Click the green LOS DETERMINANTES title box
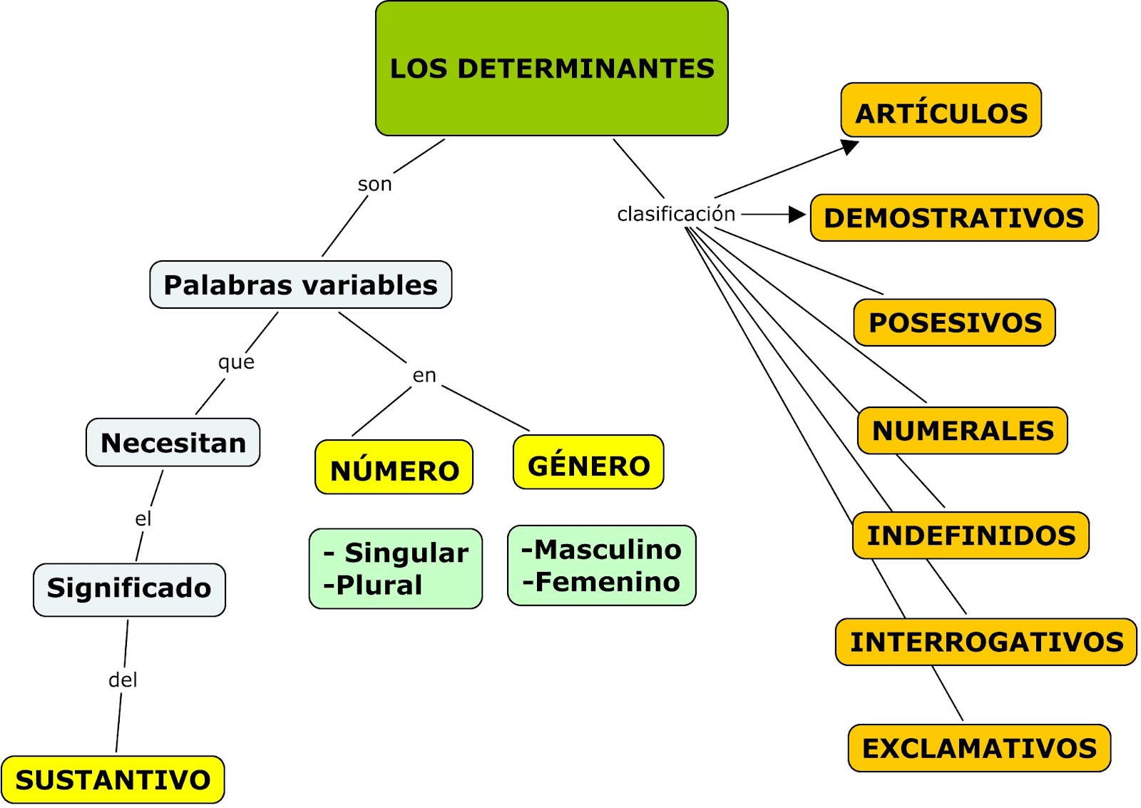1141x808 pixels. point(551,68)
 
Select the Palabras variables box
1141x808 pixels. point(300,285)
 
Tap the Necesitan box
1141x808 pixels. point(173,442)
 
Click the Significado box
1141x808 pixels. point(129,589)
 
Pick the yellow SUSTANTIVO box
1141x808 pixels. point(113,779)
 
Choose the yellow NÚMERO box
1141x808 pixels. point(394,468)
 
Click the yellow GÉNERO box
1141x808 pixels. point(588,463)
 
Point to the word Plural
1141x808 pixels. point(379,585)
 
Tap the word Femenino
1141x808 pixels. point(607,582)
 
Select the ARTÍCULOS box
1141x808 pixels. point(941,111)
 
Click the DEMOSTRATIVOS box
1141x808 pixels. point(953,218)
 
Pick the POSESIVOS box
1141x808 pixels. point(954,322)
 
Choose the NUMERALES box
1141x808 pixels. point(962,431)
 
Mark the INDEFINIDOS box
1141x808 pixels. point(971,535)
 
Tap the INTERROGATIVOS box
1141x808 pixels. point(986,642)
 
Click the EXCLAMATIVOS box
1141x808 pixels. point(979,748)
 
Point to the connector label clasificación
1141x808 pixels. point(675,214)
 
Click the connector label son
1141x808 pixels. point(374,184)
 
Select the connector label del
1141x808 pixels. point(123,680)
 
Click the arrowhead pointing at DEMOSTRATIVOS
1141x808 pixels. point(797,214)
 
